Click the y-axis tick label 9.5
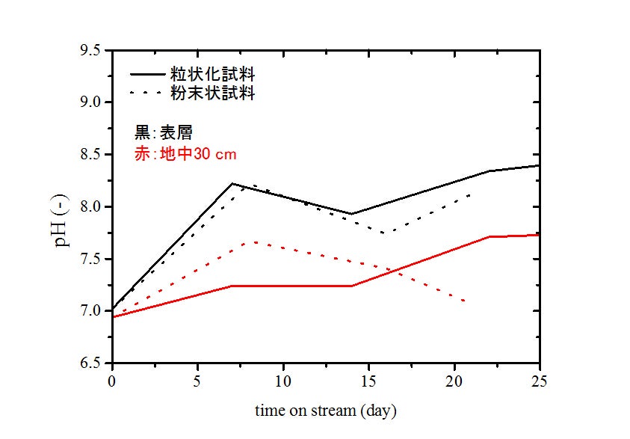pyautogui.click(x=95, y=50)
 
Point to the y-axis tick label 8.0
pyautogui.click(x=95, y=206)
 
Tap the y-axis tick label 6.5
pyautogui.click(x=95, y=363)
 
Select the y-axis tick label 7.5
pyautogui.click(x=95, y=259)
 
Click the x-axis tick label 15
pyautogui.click(x=368, y=381)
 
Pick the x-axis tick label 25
pyautogui.click(x=540, y=381)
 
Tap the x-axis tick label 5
pyautogui.click(x=197, y=381)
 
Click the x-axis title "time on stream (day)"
pyautogui.click(x=325, y=411)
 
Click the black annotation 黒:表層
pyautogui.click(x=163, y=133)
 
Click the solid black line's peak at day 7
pyautogui.click(x=232, y=183)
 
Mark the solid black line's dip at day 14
pyautogui.click(x=352, y=214)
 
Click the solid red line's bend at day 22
pyautogui.click(x=489, y=236)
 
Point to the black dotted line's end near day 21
pyautogui.click(x=470, y=194)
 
